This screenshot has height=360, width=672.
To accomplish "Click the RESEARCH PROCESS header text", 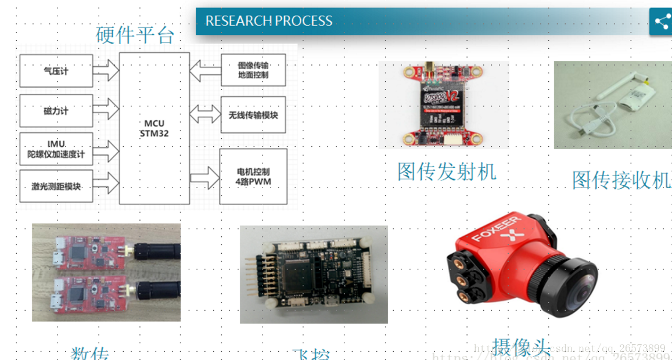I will pos(269,21).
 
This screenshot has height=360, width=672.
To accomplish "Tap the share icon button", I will pos(662,22).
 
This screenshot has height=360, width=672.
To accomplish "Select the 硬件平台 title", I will pos(135,35).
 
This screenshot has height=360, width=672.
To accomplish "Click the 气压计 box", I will pos(56,71).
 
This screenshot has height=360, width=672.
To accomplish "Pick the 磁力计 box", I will pos(56,110).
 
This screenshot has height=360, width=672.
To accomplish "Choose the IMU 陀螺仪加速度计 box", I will pos(56,149).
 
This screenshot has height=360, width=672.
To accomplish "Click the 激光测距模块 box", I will pos(56,186).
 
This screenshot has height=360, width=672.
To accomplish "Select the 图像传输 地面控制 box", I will pos(253,70).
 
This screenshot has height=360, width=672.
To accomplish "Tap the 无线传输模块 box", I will pos(253,115).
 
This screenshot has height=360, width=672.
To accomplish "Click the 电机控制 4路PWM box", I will pos(253,177).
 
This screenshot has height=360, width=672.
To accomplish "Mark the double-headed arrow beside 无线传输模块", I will pos(205,114).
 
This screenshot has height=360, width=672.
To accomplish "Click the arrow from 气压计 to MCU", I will pos(106,71).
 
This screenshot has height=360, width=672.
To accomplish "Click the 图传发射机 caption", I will pos(447,171).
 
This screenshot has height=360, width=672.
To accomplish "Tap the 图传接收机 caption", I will pos(621,180).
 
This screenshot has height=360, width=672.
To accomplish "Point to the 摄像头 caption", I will pos(521,347).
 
